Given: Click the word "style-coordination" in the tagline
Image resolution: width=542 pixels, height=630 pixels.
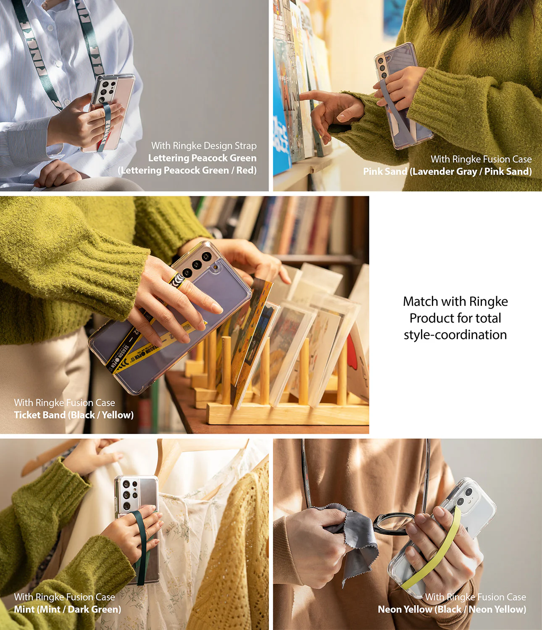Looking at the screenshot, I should click(x=455, y=335).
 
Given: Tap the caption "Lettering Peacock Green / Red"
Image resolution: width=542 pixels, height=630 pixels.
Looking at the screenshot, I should click(x=187, y=170).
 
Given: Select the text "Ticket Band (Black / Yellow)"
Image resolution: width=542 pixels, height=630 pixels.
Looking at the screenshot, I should click(x=74, y=415).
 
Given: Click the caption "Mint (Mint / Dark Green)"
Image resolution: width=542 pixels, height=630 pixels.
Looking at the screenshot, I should click(x=67, y=609).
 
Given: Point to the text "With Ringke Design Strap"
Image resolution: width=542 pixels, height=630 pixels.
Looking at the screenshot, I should click(x=204, y=146).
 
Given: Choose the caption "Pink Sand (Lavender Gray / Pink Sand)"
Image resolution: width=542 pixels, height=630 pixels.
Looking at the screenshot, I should click(x=447, y=171).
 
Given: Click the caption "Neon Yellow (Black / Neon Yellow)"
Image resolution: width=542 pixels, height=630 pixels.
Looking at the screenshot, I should click(x=452, y=609).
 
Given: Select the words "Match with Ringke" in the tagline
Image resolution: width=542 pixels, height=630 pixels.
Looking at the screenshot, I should click(x=455, y=302).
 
